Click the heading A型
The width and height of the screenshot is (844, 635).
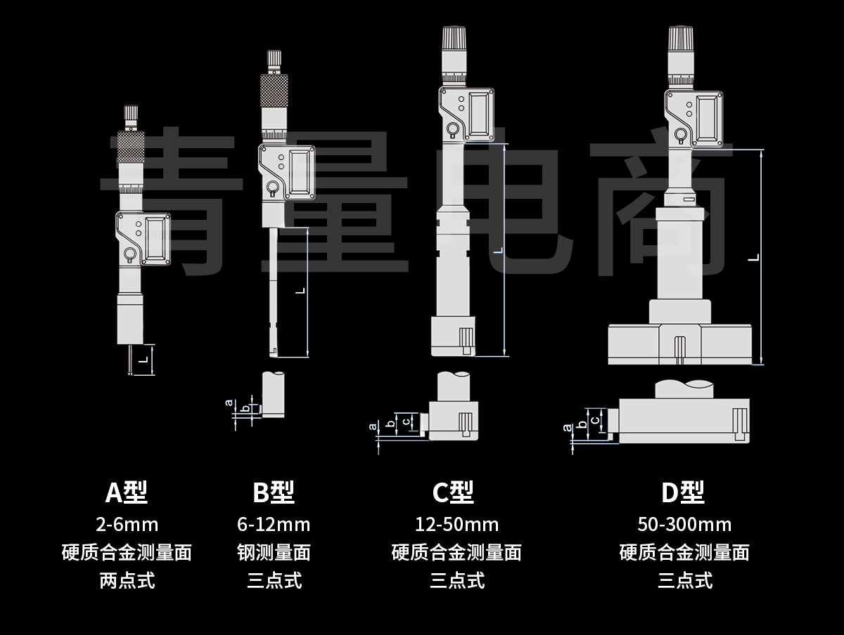[127, 492]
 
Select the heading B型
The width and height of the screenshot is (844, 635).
[274, 492]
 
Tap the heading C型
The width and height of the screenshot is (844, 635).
[453, 492]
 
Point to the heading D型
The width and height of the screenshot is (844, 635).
[682, 492]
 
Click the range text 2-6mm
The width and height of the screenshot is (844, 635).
[127, 524]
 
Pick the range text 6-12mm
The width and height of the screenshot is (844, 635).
[274, 524]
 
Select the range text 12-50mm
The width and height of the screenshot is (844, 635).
[456, 524]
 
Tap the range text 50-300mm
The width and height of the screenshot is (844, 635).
[684, 524]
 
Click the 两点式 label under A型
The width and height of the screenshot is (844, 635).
[127, 580]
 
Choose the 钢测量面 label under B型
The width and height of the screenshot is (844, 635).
[274, 552]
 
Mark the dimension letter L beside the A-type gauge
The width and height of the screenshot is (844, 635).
[143, 360]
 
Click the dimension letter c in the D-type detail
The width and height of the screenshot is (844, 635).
[595, 420]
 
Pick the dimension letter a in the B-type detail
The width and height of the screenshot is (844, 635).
[228, 403]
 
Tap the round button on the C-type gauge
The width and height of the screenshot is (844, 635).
[451, 130]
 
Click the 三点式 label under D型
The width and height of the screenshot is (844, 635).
[684, 580]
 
